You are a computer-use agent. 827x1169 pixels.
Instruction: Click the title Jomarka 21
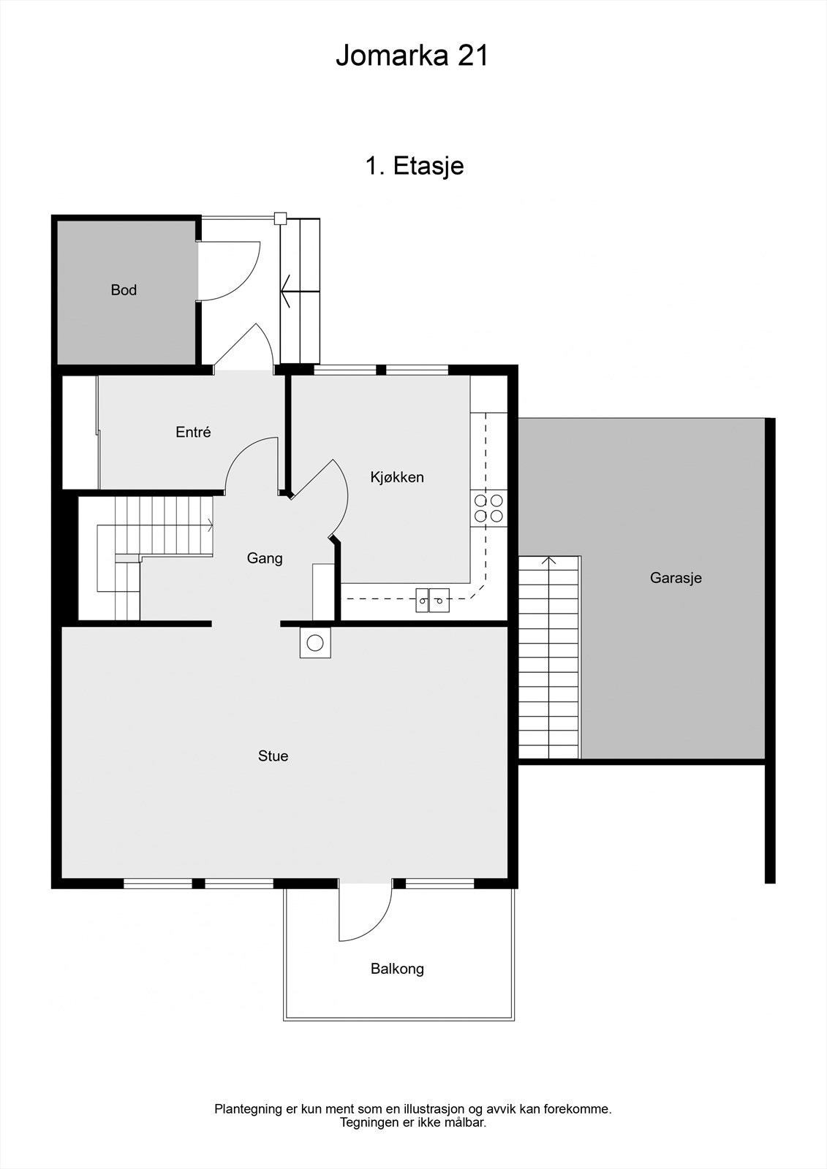click(x=412, y=56)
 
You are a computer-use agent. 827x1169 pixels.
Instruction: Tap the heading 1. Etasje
click(x=414, y=166)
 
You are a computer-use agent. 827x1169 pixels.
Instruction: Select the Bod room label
click(x=124, y=290)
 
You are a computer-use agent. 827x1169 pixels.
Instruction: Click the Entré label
click(x=193, y=432)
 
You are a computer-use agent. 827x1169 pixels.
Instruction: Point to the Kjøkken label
click(x=397, y=477)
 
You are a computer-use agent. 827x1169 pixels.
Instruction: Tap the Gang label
click(x=265, y=558)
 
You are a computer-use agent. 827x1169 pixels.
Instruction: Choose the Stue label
click(x=273, y=756)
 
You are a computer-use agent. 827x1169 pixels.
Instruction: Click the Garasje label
click(x=676, y=578)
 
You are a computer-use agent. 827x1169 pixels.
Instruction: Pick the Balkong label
click(x=397, y=969)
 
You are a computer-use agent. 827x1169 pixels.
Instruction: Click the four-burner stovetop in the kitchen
click(x=488, y=508)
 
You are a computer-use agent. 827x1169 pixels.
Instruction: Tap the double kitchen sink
click(x=432, y=600)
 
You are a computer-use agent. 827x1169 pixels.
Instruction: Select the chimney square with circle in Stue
click(x=315, y=643)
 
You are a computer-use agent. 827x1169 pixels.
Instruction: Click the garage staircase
click(x=548, y=658)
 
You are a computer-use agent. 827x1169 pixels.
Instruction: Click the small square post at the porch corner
click(x=279, y=217)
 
